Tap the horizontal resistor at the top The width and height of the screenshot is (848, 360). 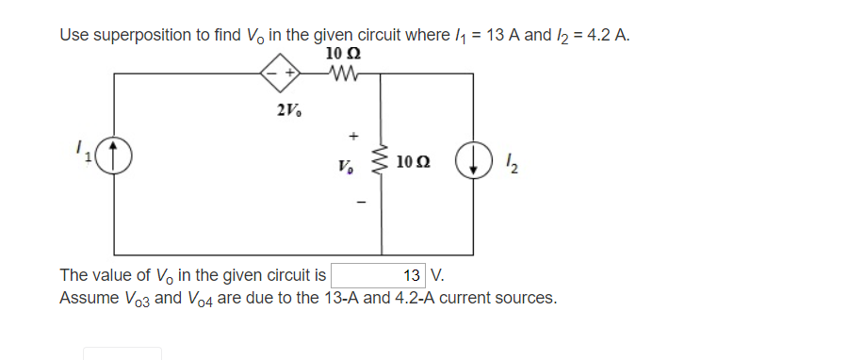tap(340, 73)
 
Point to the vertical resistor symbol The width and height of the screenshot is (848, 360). tap(382, 162)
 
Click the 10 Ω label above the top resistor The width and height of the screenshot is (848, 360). tap(340, 53)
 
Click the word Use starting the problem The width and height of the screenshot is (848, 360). tap(73, 35)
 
